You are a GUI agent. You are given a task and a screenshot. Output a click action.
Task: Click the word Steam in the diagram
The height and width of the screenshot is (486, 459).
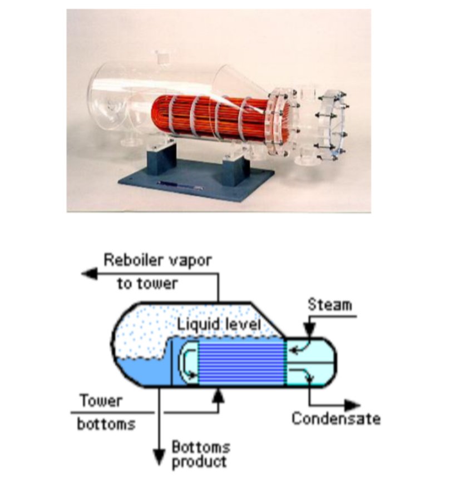(x=330, y=305)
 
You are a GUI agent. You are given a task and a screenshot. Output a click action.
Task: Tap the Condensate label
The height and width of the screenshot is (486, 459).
(x=336, y=418)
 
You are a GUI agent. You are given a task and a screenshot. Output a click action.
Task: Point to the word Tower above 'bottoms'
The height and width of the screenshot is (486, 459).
(x=100, y=400)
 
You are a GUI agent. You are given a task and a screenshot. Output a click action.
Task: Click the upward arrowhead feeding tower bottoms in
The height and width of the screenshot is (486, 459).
(x=220, y=394)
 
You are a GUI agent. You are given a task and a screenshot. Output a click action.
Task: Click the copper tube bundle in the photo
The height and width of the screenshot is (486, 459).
(x=206, y=120)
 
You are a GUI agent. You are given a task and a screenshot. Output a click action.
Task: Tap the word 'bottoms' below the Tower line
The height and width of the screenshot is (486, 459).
(x=106, y=424)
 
